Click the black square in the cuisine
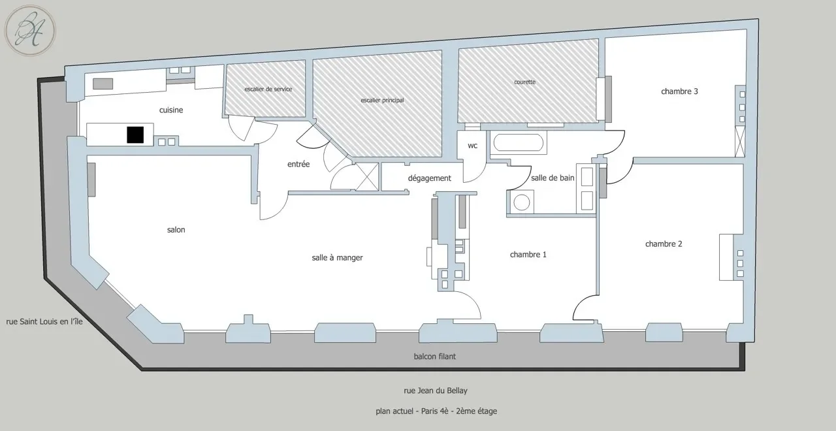click(x=135, y=135)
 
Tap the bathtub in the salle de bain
click(x=519, y=142)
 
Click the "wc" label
click(x=472, y=146)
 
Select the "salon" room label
click(x=176, y=230)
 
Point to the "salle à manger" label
click(x=338, y=258)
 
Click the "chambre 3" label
click(x=679, y=91)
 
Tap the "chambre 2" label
click(x=664, y=244)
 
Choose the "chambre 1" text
click(x=528, y=255)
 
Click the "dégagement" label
click(x=430, y=178)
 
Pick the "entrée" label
click(x=298, y=164)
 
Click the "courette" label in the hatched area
click(x=524, y=82)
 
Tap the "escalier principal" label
click(x=383, y=101)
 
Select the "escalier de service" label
click(x=268, y=89)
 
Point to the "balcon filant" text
click(x=435, y=357)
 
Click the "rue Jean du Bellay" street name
click(x=436, y=391)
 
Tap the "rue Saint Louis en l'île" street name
click(x=44, y=322)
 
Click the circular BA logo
click(x=30, y=31)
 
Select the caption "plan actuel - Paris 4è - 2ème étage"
click(x=436, y=411)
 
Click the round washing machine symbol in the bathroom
click(x=521, y=203)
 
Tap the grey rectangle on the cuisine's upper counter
click(x=103, y=84)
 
